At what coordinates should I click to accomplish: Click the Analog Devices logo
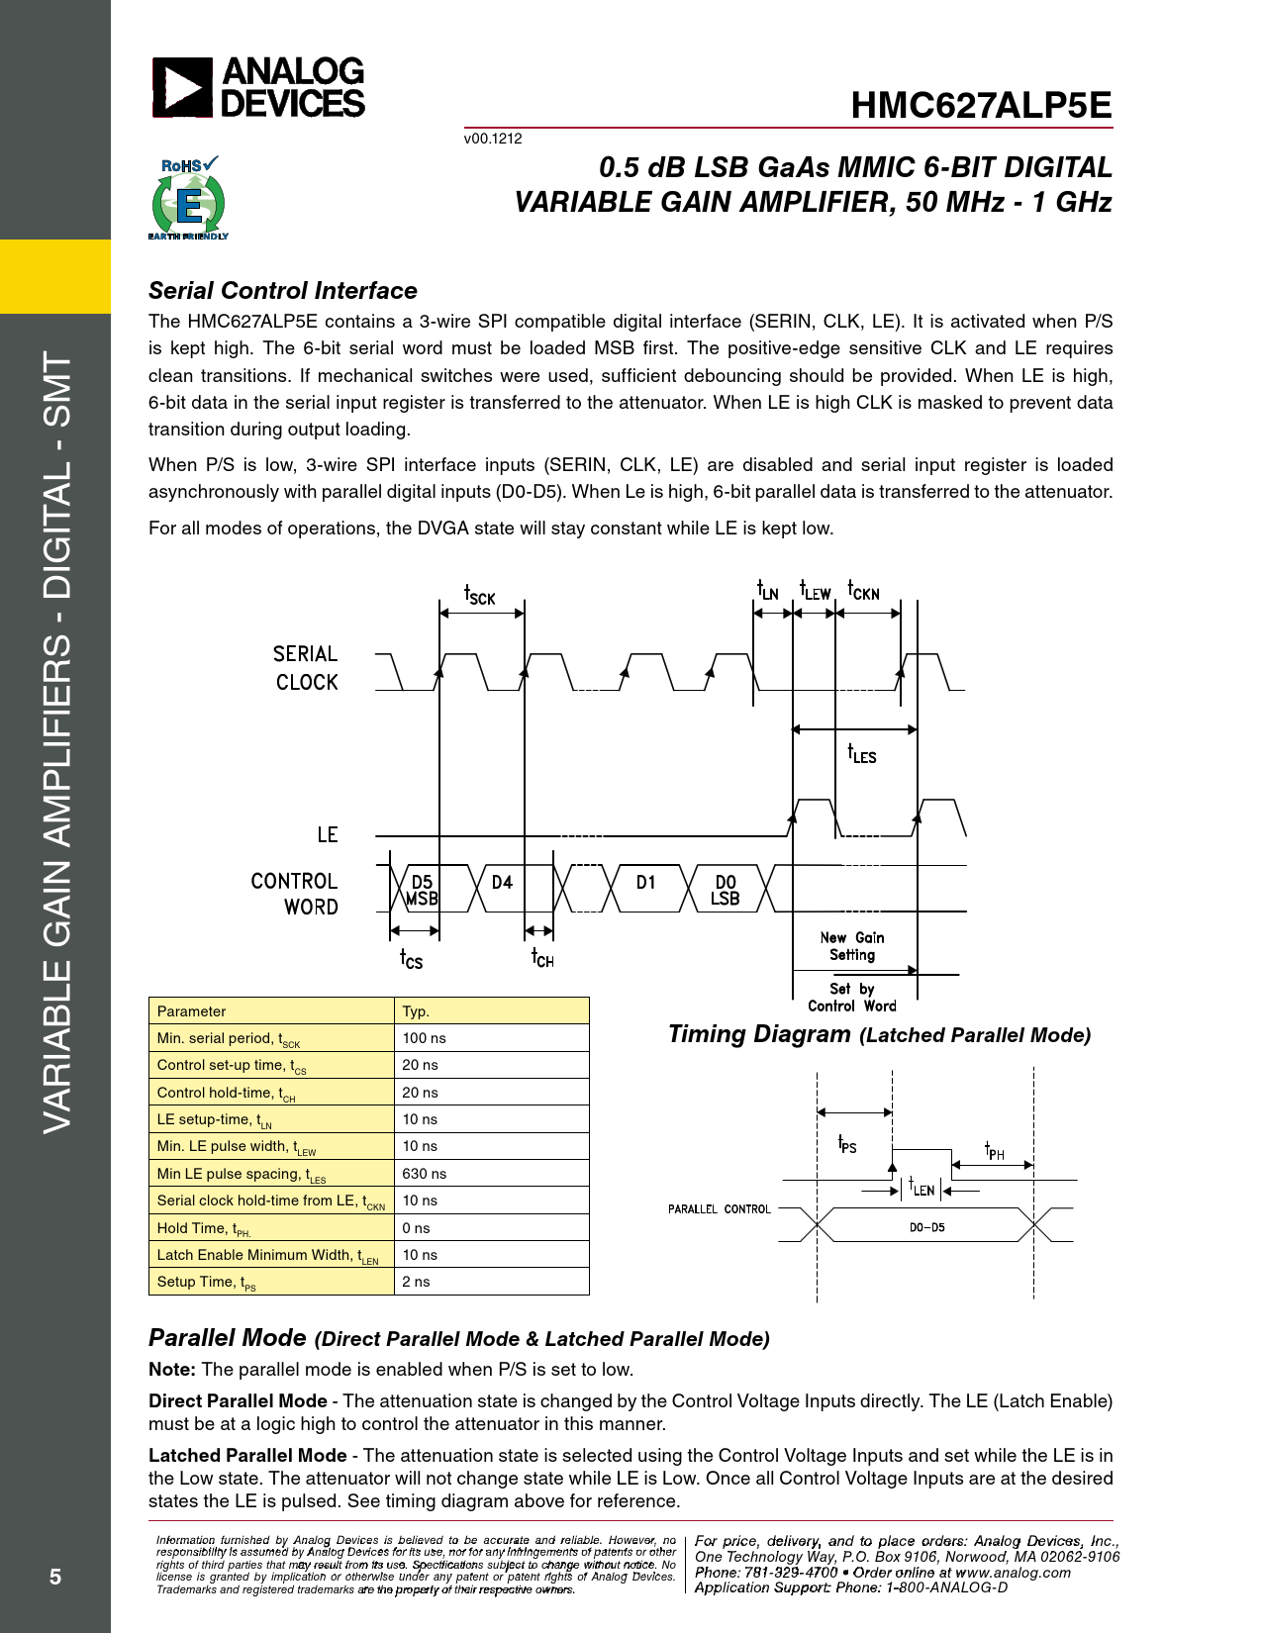coord(258,87)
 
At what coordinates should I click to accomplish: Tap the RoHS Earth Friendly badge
coord(188,199)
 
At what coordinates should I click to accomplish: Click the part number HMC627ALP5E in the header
coord(981,106)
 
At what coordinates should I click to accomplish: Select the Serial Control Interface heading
coord(283,291)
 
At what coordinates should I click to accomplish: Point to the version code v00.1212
coord(493,139)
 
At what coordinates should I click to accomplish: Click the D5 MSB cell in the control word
coord(422,890)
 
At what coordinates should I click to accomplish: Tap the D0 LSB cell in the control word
coord(726,890)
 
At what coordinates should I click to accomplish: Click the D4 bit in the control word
coord(503,882)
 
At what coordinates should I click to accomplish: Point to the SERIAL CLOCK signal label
coord(306,668)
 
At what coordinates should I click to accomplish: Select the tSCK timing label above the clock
coord(480,595)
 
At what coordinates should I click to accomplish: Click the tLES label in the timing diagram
coord(861,754)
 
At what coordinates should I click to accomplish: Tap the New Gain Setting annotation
coord(852,946)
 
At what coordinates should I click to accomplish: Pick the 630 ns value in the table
coord(424,1174)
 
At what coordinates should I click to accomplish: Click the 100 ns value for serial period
coord(424,1038)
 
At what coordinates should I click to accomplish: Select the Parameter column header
coord(192,1011)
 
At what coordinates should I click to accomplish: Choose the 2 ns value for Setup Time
coord(416,1282)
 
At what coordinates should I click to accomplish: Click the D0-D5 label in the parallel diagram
coord(926,1227)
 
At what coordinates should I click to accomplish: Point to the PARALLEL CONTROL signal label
coord(720,1209)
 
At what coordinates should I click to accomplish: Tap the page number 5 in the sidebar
coord(55,1577)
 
